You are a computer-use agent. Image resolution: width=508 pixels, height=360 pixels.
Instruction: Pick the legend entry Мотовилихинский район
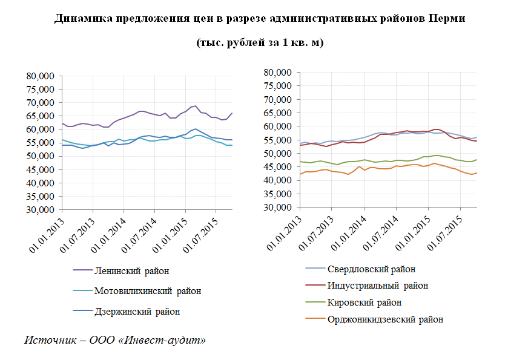pyautogui.click(x=147, y=291)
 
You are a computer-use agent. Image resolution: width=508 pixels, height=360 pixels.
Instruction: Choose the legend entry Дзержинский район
pyautogui.click(x=137, y=312)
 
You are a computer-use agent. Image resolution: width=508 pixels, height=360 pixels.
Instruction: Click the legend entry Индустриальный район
pyautogui.click(x=377, y=286)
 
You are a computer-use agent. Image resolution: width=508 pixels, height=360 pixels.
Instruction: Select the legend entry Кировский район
pyautogui.click(x=364, y=303)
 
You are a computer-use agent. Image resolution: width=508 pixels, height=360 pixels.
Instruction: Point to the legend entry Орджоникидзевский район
pyautogui.click(x=385, y=319)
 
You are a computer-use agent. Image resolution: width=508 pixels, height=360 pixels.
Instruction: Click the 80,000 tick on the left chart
pyautogui.click(x=41, y=76)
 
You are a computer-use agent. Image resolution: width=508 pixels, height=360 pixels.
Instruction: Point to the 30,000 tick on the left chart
pyautogui.click(x=41, y=210)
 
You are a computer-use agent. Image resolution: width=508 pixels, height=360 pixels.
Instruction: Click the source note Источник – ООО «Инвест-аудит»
pyautogui.click(x=115, y=340)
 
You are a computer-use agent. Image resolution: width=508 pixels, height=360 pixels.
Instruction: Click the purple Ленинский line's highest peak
pyautogui.click(x=196, y=106)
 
